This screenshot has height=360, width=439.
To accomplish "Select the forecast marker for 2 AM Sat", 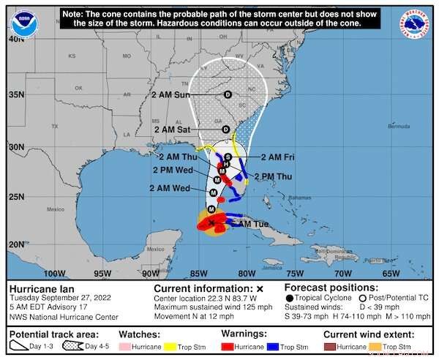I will tap(226, 129).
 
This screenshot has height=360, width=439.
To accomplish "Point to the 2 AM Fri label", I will tap(277, 157).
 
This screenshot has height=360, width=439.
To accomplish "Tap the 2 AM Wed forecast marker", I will tap(212, 191).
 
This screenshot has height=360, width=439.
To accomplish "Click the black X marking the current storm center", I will tap(211, 222).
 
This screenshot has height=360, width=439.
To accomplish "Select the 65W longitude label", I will tap(391, 274).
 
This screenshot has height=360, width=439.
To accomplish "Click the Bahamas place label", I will tap(299, 198).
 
